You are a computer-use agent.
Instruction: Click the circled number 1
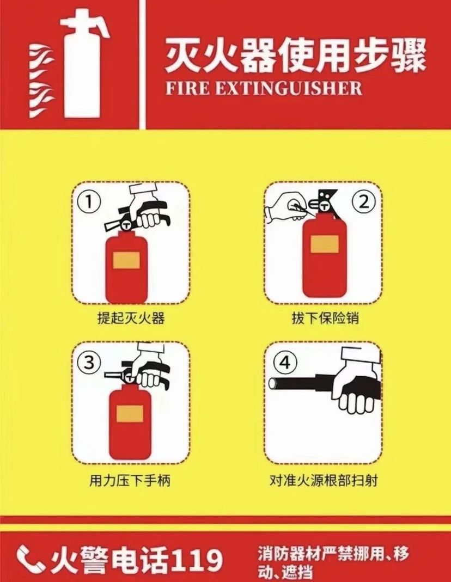coord(89,202)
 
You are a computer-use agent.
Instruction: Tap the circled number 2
coord(363,202)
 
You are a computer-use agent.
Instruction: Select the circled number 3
coord(89,362)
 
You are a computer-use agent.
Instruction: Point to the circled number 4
coord(285,362)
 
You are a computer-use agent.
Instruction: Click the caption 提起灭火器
coord(131,318)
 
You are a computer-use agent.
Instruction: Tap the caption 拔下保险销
coord(326,318)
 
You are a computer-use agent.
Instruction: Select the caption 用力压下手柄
coord(130,481)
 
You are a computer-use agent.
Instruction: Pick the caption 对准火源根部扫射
coord(324,481)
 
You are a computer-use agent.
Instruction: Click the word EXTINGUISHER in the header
coord(289,89)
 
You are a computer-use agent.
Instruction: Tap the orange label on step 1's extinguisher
coord(126,260)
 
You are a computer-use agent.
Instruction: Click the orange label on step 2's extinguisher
coord(325,244)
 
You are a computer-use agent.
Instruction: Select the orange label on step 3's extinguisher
coord(130,413)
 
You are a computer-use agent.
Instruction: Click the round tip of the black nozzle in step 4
coord(273,383)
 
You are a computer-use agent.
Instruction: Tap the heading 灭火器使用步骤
coord(295,57)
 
